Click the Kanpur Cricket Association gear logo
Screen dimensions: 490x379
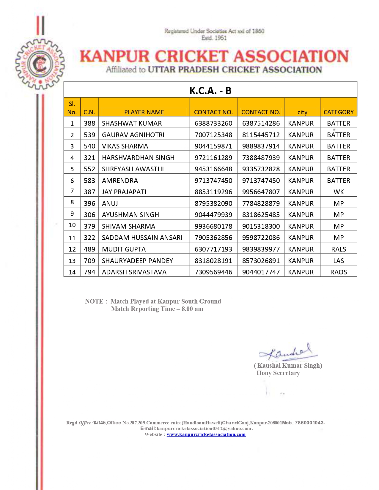pos(40,64)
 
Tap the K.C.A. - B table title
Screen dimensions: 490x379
pos(210,91)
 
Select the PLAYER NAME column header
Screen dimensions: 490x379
pos(144,112)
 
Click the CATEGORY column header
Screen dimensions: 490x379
pos(339,112)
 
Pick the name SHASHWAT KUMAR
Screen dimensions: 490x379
pos(132,123)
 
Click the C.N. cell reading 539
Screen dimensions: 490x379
pos(89,135)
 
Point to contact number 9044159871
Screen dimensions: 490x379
pos(213,146)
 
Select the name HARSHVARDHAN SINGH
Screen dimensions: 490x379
pos(138,158)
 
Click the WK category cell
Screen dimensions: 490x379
pos(339,192)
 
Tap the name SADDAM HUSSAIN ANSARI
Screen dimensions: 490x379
pos(142,238)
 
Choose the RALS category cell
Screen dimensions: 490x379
pos(339,249)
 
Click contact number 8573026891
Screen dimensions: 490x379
pos(261,261)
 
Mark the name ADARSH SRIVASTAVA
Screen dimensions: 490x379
pos(134,272)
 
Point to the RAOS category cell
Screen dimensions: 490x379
pos(339,272)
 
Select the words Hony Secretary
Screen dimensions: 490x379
pos(278,373)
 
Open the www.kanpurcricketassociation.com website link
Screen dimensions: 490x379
pos(206,434)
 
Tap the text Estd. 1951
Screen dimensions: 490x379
pos(214,38)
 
